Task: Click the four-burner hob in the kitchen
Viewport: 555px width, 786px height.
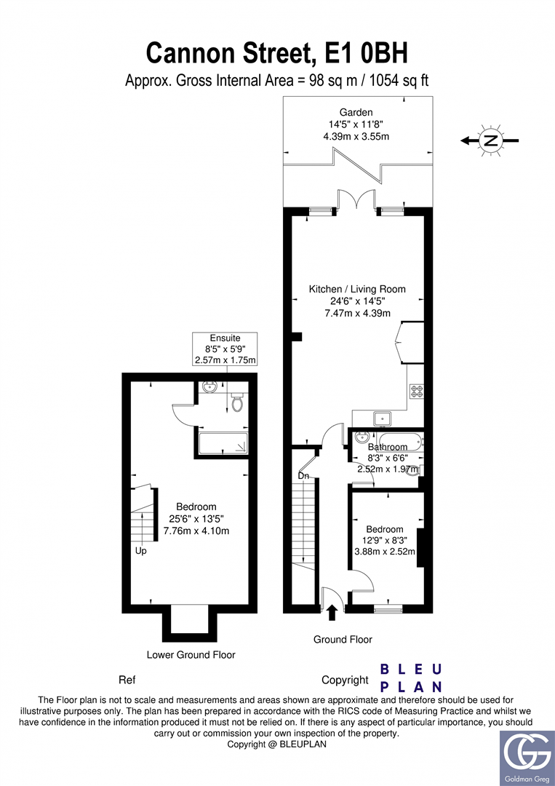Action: click(x=417, y=392)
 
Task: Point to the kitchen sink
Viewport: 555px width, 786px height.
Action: click(x=382, y=418)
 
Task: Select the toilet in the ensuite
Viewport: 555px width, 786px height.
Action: click(x=236, y=402)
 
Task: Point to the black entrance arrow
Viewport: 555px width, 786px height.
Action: click(x=332, y=612)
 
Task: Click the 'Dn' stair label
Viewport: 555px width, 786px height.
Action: click(x=304, y=476)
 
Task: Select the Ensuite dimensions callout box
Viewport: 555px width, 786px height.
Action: click(x=225, y=349)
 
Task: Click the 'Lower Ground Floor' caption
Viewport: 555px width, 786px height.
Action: click(x=191, y=654)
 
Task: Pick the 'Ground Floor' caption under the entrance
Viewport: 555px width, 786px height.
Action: click(x=343, y=639)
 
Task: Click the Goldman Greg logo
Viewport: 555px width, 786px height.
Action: click(x=524, y=753)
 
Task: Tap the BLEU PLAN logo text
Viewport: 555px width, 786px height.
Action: click(x=412, y=678)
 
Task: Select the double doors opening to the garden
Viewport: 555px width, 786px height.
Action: click(x=356, y=200)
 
